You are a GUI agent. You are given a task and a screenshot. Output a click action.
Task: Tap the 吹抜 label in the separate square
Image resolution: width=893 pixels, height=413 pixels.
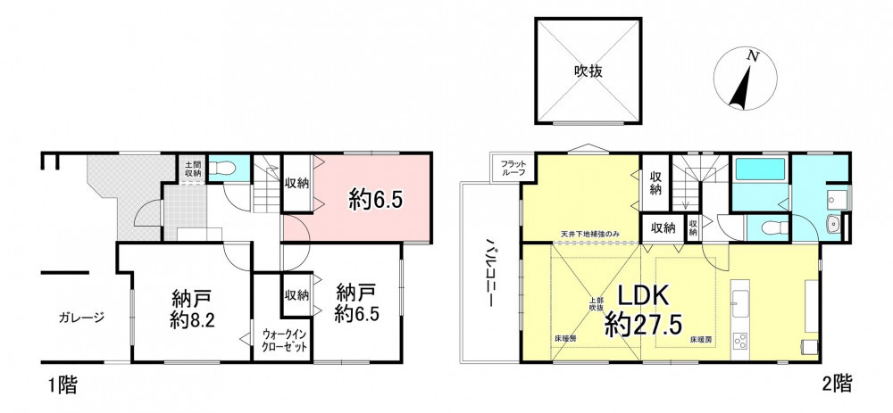pyautogui.click(x=588, y=71)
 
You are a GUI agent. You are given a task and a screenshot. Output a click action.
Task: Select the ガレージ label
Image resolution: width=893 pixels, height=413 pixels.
pyautogui.click(x=81, y=318)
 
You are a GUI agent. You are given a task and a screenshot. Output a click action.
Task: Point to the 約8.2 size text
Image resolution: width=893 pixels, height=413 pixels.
pyautogui.click(x=191, y=321)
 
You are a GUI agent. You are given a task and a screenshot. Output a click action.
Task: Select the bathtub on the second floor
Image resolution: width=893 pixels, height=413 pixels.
pyautogui.click(x=760, y=169)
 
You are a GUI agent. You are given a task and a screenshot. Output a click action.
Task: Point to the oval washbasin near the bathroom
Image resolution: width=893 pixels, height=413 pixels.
pyautogui.click(x=834, y=224)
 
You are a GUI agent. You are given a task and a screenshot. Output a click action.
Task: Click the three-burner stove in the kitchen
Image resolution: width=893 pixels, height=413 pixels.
pyautogui.click(x=741, y=340)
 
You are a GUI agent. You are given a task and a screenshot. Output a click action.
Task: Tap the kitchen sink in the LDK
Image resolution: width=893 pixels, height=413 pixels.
pyautogui.click(x=741, y=303)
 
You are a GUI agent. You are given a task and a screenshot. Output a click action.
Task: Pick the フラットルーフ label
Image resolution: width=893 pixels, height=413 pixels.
pyautogui.click(x=513, y=169)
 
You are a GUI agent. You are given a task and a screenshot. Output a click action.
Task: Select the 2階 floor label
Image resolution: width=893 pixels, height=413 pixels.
pyautogui.click(x=837, y=384)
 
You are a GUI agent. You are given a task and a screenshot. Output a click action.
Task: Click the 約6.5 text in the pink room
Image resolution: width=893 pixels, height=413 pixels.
pyautogui.click(x=377, y=200)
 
